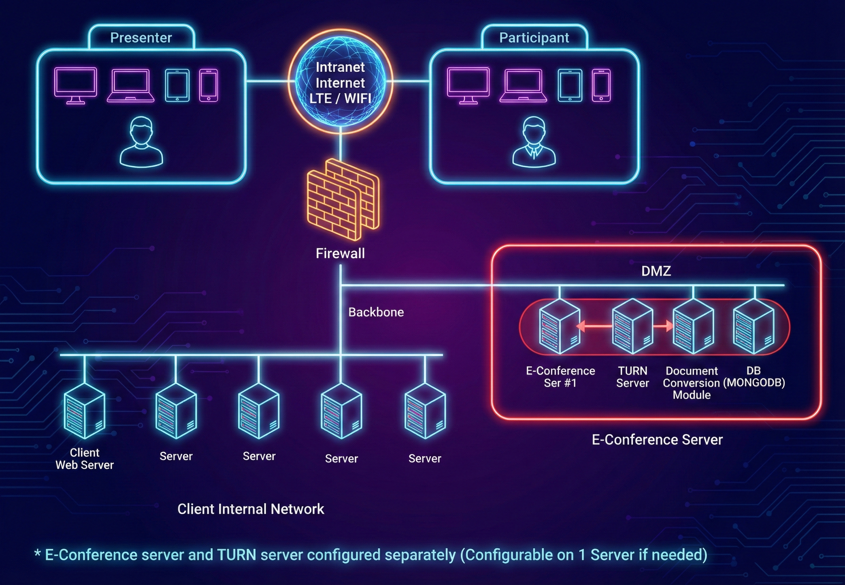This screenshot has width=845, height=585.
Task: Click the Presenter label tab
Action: pyautogui.click(x=141, y=37)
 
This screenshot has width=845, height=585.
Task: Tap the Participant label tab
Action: pyautogui.click(x=534, y=37)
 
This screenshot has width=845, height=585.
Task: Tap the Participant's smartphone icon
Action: pyautogui.click(x=601, y=85)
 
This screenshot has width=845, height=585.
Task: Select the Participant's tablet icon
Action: pyautogui.click(x=570, y=85)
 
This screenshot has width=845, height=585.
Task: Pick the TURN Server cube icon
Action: pyautogui.click(x=632, y=326)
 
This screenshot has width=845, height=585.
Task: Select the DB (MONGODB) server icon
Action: pyautogui.click(x=753, y=326)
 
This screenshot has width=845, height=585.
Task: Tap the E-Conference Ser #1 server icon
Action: pyautogui.click(x=560, y=326)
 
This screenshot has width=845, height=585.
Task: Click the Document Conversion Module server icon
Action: pyautogui.click(x=693, y=326)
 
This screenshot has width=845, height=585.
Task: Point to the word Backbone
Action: pyautogui.click(x=376, y=312)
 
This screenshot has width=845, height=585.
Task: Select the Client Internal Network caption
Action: pyautogui.click(x=251, y=509)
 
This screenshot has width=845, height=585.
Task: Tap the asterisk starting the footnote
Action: pyautogui.click(x=37, y=554)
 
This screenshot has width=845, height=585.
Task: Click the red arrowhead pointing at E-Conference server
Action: pyautogui.click(x=580, y=326)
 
